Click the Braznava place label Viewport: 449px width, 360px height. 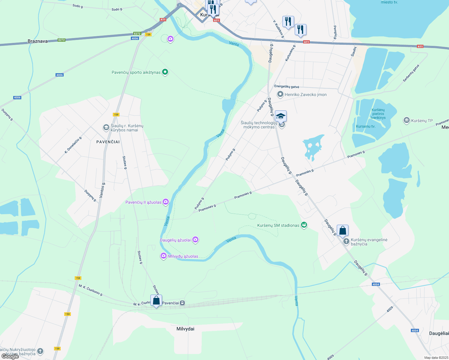[38, 41]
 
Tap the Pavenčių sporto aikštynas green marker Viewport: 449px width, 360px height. [165, 72]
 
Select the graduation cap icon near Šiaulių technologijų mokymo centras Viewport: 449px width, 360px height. [281, 116]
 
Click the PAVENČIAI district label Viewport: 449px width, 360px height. [108, 142]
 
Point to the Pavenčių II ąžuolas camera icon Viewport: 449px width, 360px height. [165, 202]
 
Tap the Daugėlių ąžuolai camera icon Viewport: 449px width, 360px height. [195, 240]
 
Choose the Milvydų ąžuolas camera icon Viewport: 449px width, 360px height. [164, 256]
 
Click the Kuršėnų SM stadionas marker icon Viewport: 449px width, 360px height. [304, 225]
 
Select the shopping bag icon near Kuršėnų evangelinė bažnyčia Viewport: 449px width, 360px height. [342, 231]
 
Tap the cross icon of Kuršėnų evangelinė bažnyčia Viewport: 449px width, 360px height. [346, 241]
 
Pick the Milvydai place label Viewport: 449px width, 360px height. [185, 329]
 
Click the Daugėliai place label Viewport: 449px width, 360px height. [439, 333]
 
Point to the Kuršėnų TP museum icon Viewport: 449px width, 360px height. [407, 120]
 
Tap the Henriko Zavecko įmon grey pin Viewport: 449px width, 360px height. [280, 94]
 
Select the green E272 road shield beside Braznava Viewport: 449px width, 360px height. [62, 40]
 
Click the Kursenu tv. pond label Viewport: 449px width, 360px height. [366, 126]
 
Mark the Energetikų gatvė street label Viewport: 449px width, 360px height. [287, 87]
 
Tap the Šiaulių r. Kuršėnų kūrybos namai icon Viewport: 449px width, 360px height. [106, 127]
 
